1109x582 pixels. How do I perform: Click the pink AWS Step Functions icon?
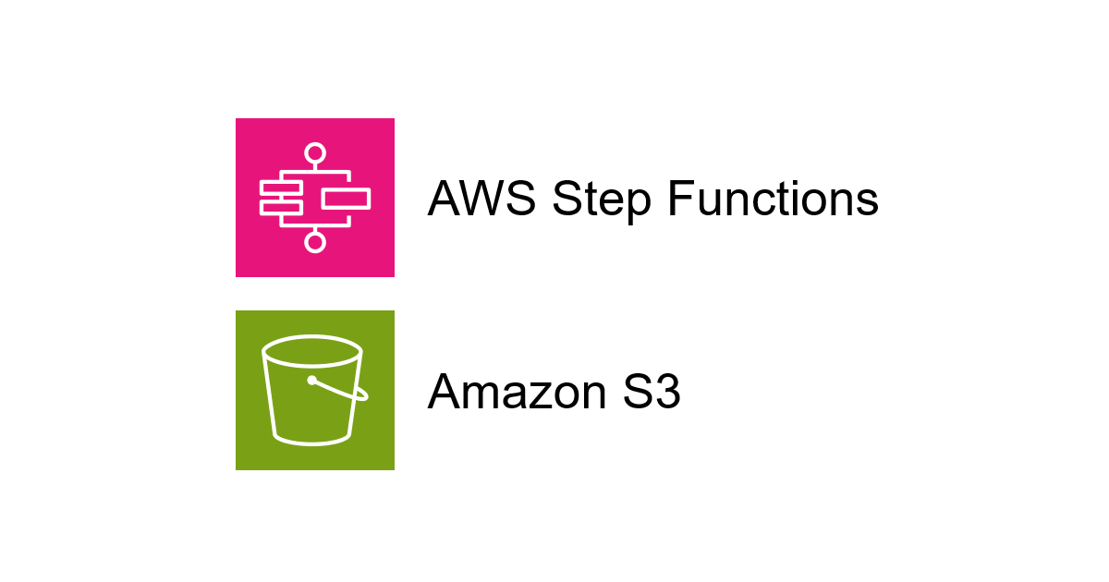(315, 198)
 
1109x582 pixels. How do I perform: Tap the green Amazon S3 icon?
(315, 390)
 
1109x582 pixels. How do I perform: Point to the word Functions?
(773, 199)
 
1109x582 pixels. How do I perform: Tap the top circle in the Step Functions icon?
(315, 153)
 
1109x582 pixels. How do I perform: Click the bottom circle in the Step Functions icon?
(315, 242)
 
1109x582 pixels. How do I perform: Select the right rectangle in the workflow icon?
(346, 198)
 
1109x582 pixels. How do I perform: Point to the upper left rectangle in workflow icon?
(282, 188)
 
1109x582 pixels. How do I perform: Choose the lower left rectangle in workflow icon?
(282, 208)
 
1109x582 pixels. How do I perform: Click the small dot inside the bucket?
(312, 380)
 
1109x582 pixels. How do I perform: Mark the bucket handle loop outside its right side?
(362, 395)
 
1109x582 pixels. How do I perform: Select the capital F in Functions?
(677, 199)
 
